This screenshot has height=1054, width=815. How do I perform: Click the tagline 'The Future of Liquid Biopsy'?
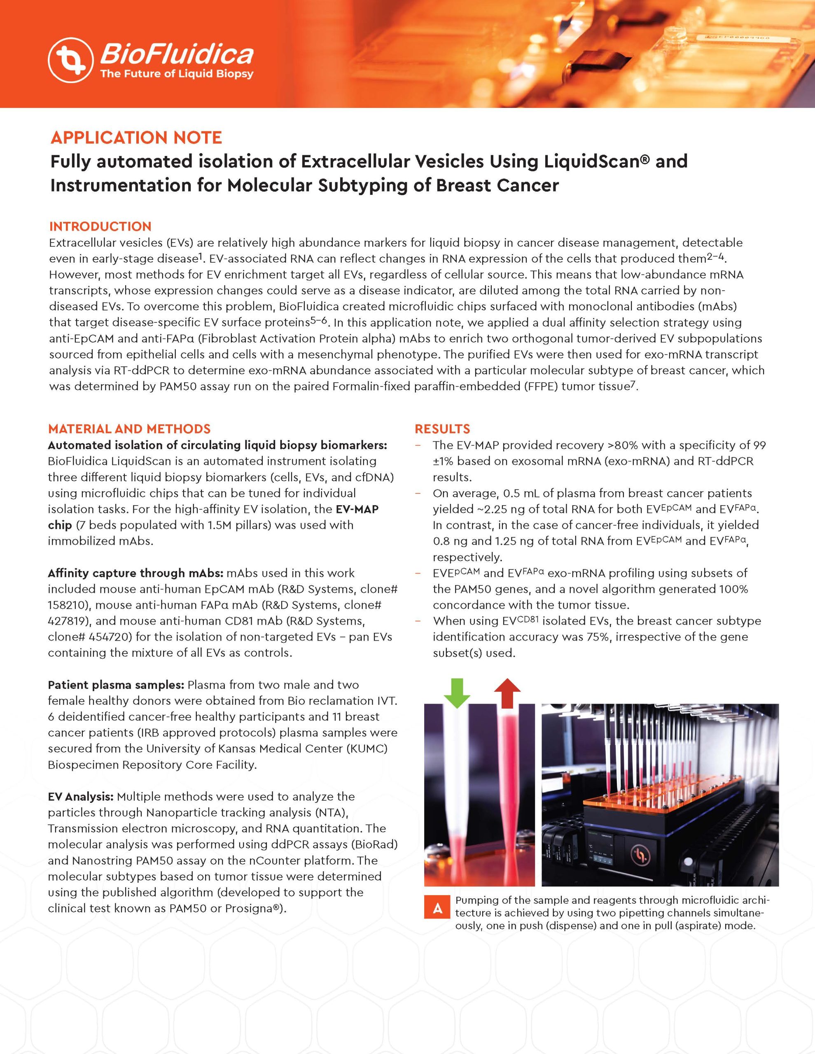176,74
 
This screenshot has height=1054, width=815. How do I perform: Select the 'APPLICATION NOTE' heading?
136,138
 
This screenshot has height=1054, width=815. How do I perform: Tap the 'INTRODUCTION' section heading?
100,226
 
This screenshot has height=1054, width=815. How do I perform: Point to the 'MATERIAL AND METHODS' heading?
129,429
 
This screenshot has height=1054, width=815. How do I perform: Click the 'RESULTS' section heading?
442,429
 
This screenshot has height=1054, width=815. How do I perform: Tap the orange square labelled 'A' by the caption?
437,908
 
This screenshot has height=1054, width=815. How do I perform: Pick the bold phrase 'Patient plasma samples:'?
116,685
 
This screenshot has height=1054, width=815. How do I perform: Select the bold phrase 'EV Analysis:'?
81,796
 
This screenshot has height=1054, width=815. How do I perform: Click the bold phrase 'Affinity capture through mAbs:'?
135,574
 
